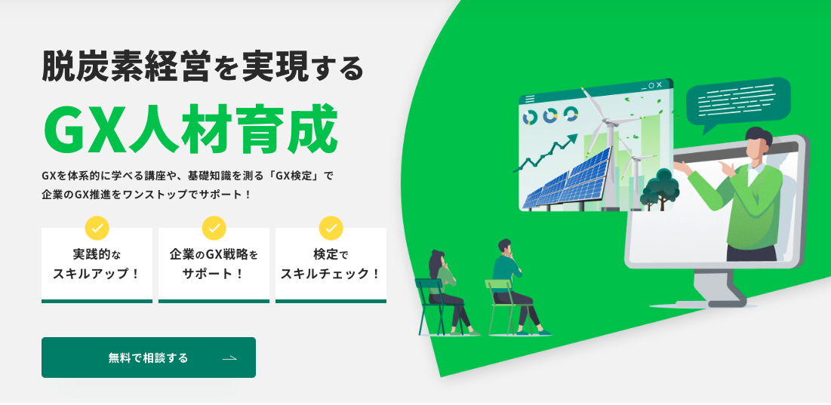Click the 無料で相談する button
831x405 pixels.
tap(149, 357)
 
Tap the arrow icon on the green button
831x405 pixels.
tap(229, 358)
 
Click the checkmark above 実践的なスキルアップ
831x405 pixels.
tap(97, 229)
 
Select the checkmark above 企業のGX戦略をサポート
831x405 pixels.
tap(214, 229)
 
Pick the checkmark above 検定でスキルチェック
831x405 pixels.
tap(331, 229)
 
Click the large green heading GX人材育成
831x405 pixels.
tap(191, 130)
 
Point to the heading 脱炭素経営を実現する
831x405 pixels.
tap(202, 66)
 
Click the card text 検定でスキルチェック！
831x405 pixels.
tap(331, 265)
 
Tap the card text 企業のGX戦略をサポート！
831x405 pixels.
tap(214, 265)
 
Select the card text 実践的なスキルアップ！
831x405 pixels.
tap(97, 265)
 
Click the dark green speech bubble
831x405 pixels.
tap(738, 103)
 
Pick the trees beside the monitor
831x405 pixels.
tap(660, 189)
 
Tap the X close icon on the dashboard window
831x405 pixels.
tap(659, 85)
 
